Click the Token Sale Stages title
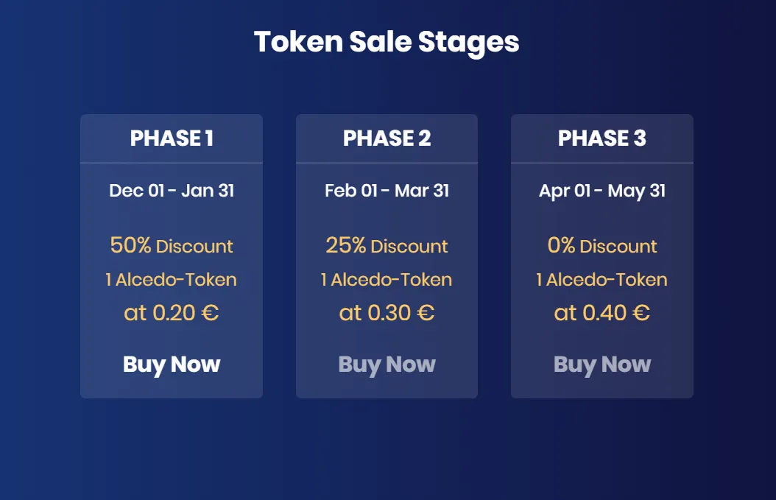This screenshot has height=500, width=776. point(387,43)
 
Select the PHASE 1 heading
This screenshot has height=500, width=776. point(172,138)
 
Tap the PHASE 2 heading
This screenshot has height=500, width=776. point(387,138)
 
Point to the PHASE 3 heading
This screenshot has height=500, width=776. point(602,138)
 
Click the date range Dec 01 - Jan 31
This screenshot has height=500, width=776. point(172,191)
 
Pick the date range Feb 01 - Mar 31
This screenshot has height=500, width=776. point(387,191)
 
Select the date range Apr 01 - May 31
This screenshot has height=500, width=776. point(602,191)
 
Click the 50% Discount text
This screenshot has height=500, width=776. point(172,245)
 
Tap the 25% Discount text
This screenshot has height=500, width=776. point(387,245)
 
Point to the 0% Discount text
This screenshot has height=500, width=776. point(602,245)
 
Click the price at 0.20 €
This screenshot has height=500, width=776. point(172,313)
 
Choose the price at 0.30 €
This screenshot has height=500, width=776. point(387,313)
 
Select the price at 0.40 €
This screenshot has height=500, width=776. point(602,313)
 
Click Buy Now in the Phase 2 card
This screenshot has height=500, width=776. point(387,365)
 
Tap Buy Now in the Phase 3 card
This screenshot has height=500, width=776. point(602,365)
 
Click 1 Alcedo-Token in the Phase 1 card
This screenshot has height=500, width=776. point(172,280)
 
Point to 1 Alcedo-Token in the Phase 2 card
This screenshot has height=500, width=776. point(387,280)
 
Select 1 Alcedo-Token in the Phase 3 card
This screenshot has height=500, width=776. point(602,280)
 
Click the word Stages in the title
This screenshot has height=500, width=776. point(469,43)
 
